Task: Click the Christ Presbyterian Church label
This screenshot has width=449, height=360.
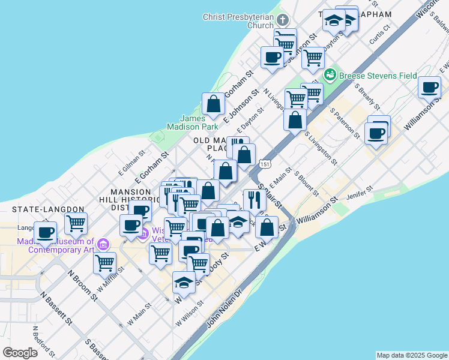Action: click(x=238, y=21)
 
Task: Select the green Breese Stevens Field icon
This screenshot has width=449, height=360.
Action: click(x=330, y=76)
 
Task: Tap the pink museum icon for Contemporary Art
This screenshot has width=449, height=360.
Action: click(x=103, y=245)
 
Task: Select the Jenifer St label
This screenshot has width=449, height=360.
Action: click(x=360, y=196)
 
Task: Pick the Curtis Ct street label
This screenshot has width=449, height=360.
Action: click(x=381, y=35)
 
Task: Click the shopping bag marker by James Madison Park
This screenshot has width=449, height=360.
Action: click(x=213, y=104)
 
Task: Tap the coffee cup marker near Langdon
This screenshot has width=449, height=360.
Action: click(x=46, y=231)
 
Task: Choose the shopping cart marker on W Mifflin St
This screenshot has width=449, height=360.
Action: click(x=105, y=262)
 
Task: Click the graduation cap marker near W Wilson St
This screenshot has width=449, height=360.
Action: click(x=184, y=282)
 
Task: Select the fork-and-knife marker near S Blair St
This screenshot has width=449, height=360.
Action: click(x=255, y=199)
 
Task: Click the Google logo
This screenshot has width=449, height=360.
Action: click(x=20, y=353)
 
